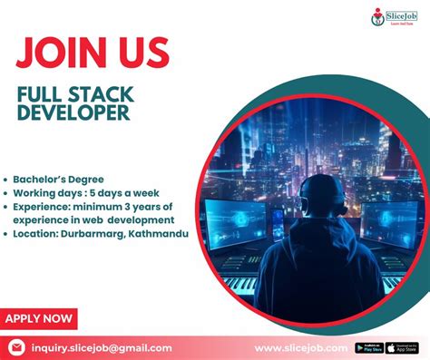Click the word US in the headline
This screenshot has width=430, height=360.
point(139,53)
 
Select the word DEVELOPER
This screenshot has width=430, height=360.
point(73,113)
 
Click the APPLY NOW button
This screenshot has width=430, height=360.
point(38,318)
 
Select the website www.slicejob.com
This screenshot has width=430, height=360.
point(300,347)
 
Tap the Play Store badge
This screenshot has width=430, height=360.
point(369,347)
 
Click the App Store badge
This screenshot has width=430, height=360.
point(405,347)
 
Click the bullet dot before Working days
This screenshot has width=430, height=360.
point(6,193)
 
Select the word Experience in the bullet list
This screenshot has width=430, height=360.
point(44,207)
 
